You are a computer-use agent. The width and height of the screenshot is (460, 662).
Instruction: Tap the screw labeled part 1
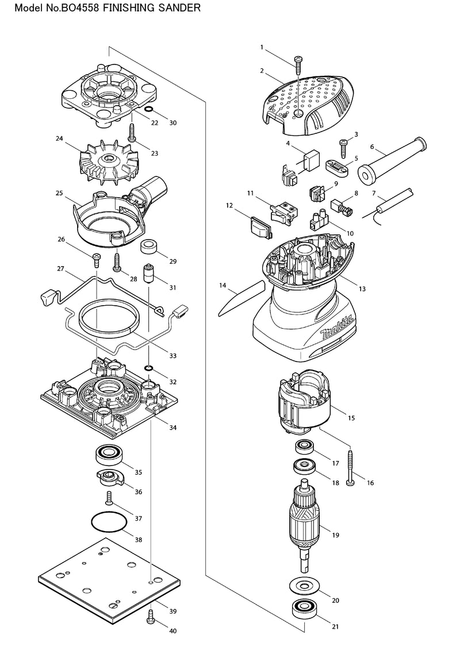[299, 64]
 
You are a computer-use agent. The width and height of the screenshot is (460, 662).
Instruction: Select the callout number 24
[59, 138]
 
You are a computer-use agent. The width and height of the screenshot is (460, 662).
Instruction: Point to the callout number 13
[362, 289]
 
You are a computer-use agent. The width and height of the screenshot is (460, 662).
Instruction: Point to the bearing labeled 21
[304, 609]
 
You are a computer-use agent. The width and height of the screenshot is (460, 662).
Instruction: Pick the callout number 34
[172, 428]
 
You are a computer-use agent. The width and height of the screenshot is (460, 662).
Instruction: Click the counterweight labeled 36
[109, 478]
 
